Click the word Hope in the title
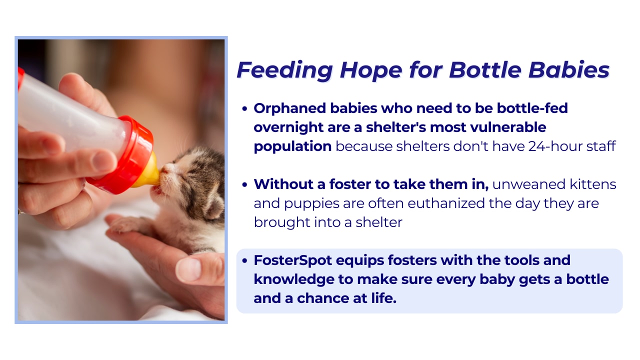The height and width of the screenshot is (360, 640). click(x=371, y=70)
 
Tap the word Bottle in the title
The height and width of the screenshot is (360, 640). click(x=485, y=70)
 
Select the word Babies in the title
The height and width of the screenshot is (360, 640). click(x=569, y=70)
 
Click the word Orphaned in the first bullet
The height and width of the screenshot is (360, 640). click(x=289, y=108)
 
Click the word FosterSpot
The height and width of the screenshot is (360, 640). click(x=292, y=260)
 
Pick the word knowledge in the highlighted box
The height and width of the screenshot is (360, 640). click(x=294, y=279)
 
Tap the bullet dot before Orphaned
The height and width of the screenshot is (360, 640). click(x=244, y=109)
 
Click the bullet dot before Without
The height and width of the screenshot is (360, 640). click(x=244, y=185)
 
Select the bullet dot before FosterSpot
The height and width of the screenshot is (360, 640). click(x=244, y=261)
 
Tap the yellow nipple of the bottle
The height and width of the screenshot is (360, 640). click(x=148, y=171)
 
